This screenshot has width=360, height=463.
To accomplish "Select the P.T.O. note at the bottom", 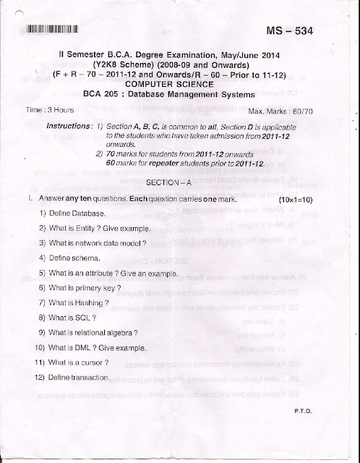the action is point(303,410).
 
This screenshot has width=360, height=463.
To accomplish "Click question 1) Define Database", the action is point(72,213).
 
